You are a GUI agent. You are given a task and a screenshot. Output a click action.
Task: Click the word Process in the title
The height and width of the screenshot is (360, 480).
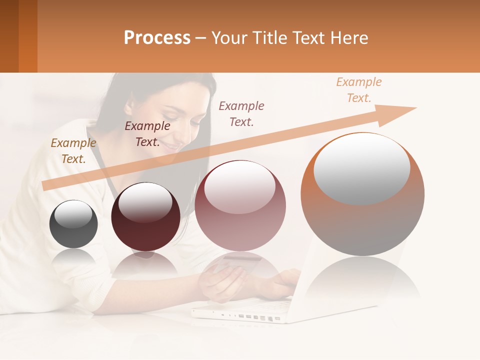pyautogui.click(x=157, y=37)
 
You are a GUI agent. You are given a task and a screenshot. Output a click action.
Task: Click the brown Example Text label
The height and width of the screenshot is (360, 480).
pyautogui.click(x=73, y=150)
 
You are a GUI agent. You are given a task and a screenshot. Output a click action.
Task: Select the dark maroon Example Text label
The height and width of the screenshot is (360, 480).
pyautogui.click(x=147, y=134)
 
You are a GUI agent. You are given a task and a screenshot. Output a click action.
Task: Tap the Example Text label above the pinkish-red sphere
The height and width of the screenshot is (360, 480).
pyautogui.click(x=241, y=113)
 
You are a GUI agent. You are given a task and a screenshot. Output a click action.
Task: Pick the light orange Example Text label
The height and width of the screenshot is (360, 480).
pyautogui.click(x=359, y=89)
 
